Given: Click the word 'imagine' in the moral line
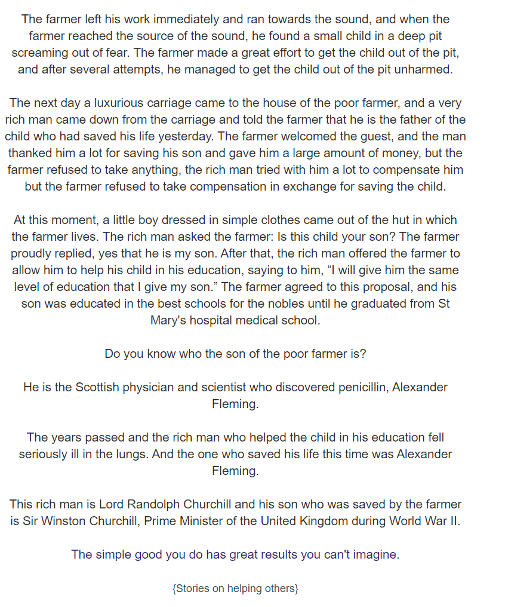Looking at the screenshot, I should point(374,554).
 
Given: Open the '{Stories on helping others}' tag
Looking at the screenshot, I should point(235,588).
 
